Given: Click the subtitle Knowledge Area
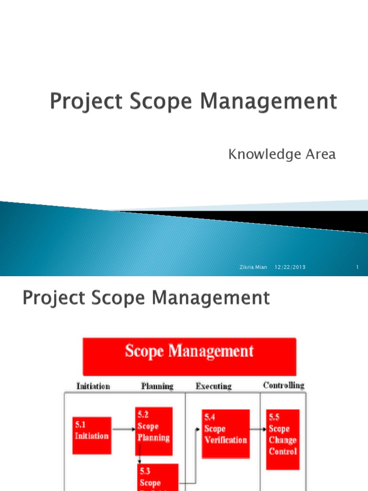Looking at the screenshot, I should pos(282,154).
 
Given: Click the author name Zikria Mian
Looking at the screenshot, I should pos(253,267).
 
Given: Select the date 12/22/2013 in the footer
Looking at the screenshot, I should pos(290,267).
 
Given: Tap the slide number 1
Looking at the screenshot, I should pos(357,267).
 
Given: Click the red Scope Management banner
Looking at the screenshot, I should pos(189,356).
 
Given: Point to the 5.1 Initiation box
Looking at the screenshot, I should pos(92,435).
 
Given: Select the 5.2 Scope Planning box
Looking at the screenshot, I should pos(153,431).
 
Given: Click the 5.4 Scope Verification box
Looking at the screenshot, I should pos(225,434).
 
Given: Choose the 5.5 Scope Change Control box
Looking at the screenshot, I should pos(283,439).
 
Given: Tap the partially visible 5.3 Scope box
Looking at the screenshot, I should pos(158,477).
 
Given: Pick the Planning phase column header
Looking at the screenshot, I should pos(157,386).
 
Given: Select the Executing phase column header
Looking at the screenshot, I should pos(214,386).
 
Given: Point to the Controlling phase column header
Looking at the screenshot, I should pos(284,385).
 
